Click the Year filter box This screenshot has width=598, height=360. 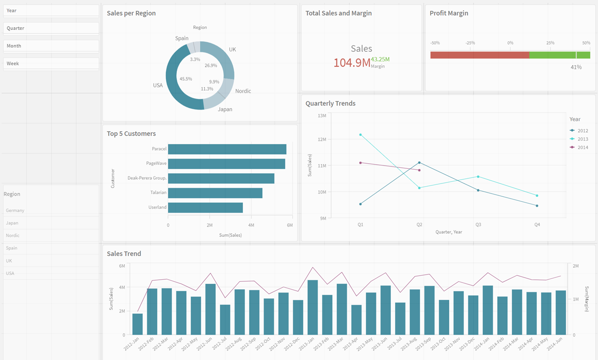(x=51, y=11)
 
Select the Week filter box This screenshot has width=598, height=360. (x=51, y=64)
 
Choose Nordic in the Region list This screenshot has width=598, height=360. (x=12, y=235)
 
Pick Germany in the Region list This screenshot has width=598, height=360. (x=15, y=210)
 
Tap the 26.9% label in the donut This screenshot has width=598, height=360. (x=211, y=66)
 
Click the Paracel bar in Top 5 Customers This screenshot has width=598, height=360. (x=227, y=149)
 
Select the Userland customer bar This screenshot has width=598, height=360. (x=206, y=208)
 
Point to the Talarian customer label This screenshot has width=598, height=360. (x=158, y=193)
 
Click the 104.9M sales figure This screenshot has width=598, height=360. (x=352, y=63)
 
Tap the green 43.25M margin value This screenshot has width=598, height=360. (x=380, y=59)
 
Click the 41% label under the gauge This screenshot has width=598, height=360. (x=576, y=67)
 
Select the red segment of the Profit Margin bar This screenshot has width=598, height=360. (x=480, y=55)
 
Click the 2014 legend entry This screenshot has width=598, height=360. (x=579, y=147)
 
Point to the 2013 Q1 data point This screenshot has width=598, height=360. (x=360, y=135)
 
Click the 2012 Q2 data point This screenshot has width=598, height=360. (x=419, y=162)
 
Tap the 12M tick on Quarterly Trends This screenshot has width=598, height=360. (x=322, y=139)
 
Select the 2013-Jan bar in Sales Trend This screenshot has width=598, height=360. (x=313, y=307)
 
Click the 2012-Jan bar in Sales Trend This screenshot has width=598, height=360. (x=137, y=324)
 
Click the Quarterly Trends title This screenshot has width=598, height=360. (x=330, y=104)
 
